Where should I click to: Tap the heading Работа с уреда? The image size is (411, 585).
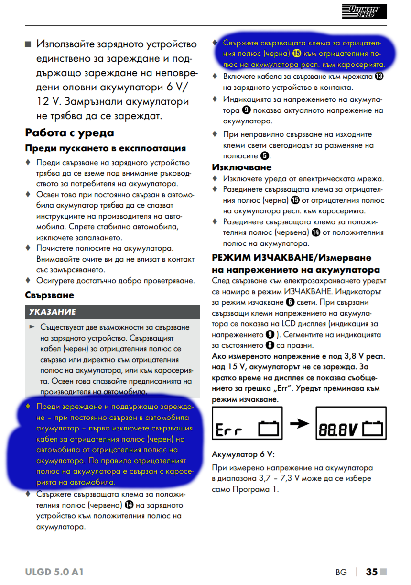pos(70,132)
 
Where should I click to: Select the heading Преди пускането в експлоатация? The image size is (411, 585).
pos(106,148)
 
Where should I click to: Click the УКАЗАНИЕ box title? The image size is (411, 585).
pos(52,312)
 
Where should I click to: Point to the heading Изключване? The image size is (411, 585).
pos(241,167)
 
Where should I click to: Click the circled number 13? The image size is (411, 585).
pos(380,76)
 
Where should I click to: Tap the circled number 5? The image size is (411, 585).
pos(264,156)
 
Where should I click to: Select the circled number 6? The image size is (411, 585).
pos(290,302)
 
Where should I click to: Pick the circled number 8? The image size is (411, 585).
pos(270,345)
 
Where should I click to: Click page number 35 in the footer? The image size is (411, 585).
pos(372,572)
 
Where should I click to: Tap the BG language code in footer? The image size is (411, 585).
pos(341,572)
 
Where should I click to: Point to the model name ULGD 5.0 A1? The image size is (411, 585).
pos(54,572)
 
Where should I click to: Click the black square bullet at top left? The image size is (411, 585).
pos(28,44)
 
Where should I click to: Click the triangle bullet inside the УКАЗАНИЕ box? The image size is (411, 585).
pos(32,327)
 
